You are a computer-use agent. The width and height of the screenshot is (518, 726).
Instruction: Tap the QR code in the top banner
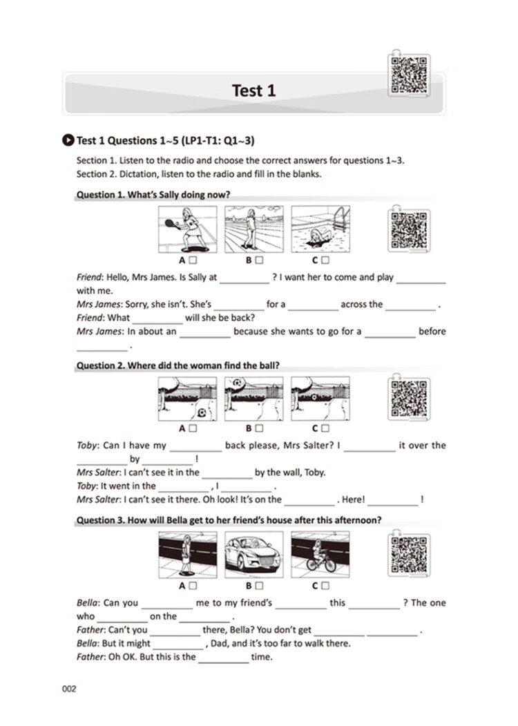click(x=405, y=74)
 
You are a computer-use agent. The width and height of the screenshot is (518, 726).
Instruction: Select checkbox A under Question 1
click(x=193, y=260)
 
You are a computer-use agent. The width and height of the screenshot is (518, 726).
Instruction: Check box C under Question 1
click(x=325, y=260)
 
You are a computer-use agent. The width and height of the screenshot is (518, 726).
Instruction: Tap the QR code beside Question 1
click(x=405, y=229)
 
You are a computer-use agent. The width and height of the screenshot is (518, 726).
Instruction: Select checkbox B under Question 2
click(x=259, y=428)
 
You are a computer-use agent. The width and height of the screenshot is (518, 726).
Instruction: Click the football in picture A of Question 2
click(x=202, y=412)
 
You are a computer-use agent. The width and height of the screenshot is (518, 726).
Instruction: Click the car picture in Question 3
click(x=253, y=554)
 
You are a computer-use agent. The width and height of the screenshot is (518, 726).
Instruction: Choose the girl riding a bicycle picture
click(x=320, y=554)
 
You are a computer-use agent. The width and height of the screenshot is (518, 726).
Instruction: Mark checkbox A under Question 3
click(x=193, y=586)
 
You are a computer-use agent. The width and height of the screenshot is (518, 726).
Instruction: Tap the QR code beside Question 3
click(x=405, y=555)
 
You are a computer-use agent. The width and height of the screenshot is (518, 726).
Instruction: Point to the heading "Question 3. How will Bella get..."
click(x=227, y=519)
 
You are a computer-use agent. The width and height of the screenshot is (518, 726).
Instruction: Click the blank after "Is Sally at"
click(x=244, y=278)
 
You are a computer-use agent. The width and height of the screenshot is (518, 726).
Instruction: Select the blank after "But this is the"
click(x=224, y=657)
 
